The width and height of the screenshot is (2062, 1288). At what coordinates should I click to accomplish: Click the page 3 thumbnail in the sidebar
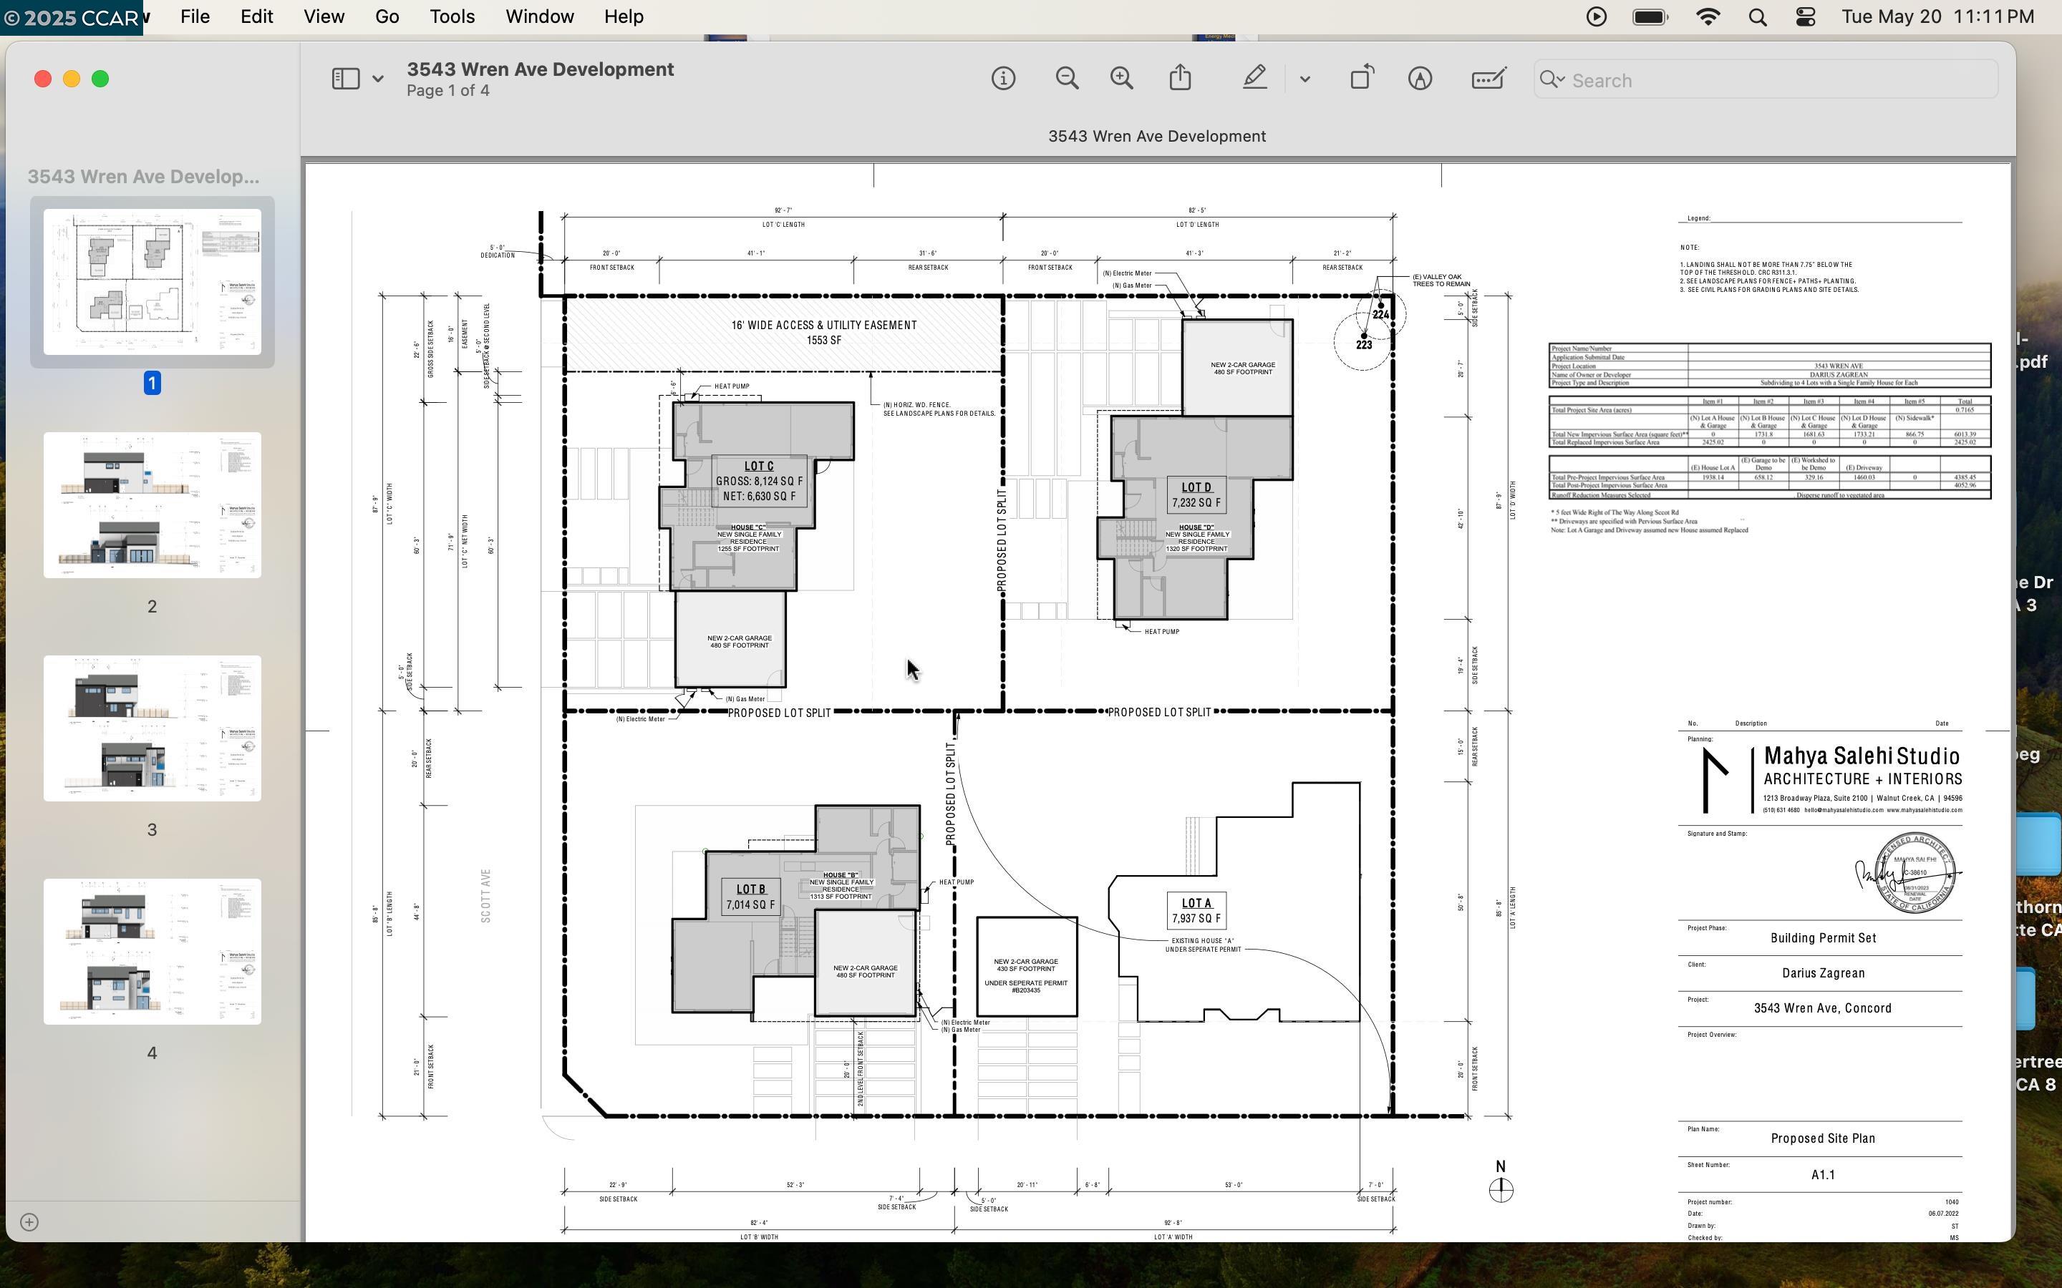(x=152, y=728)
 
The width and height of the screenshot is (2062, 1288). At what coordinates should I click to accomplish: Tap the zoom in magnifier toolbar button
(x=1121, y=79)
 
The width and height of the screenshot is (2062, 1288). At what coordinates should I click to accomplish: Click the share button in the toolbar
(x=1180, y=79)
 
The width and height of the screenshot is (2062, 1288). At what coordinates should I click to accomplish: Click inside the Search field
(x=1772, y=80)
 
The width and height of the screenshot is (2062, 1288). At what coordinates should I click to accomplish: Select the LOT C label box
(x=758, y=480)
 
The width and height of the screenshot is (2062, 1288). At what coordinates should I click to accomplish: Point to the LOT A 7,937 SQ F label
(x=1196, y=911)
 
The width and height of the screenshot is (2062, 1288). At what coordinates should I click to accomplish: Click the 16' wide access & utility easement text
(x=823, y=332)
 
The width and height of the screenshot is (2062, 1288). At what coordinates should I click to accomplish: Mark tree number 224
(x=1380, y=313)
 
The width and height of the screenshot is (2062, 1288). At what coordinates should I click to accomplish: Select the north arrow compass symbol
(x=1501, y=1189)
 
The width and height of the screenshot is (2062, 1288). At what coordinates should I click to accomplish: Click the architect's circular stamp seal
(x=1915, y=873)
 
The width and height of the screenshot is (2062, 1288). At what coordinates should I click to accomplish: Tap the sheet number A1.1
(x=1823, y=1175)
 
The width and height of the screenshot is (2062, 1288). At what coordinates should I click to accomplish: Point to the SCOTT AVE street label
(x=485, y=895)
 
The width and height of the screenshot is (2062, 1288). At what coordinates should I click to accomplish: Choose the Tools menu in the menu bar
(x=452, y=17)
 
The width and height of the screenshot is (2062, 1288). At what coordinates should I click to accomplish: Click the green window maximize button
(x=100, y=79)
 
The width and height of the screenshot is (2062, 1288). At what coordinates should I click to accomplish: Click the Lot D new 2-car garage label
(x=1242, y=368)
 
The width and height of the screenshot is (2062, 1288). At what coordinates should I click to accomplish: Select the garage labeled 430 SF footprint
(x=1026, y=966)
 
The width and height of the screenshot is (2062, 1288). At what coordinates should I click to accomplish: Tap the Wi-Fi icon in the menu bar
(x=1708, y=17)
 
